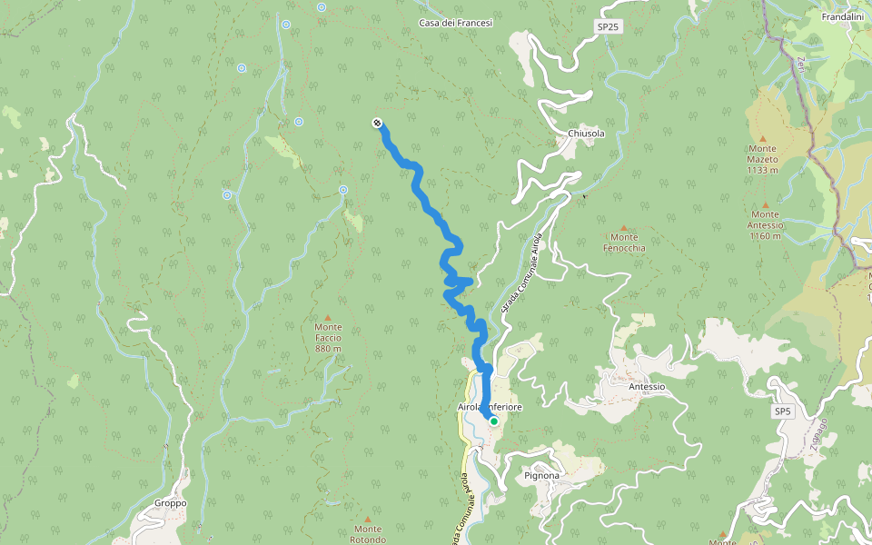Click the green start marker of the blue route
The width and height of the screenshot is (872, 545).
click(x=494, y=421)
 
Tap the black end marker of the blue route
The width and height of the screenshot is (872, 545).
click(x=376, y=124)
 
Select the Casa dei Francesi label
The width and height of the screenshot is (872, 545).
click(x=455, y=23)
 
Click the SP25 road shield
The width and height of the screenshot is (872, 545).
click(x=609, y=27)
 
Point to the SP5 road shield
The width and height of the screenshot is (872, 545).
click(x=784, y=411)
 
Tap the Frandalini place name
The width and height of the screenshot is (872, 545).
click(x=841, y=17)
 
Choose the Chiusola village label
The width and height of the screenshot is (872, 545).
click(x=586, y=134)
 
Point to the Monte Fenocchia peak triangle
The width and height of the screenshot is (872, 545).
click(x=623, y=227)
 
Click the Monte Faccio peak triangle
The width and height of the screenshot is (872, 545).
click(x=328, y=315)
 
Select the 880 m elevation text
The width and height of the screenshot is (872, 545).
click(x=328, y=349)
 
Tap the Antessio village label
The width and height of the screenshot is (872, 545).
click(x=647, y=386)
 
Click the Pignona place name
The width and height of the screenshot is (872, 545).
click(x=542, y=475)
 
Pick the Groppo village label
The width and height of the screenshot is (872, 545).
click(x=170, y=502)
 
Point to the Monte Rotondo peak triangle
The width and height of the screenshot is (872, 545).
click(x=368, y=518)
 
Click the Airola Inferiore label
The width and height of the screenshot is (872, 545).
click(x=490, y=408)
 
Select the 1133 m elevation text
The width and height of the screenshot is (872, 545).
click(x=763, y=170)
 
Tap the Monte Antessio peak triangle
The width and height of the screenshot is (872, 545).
click(x=765, y=204)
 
